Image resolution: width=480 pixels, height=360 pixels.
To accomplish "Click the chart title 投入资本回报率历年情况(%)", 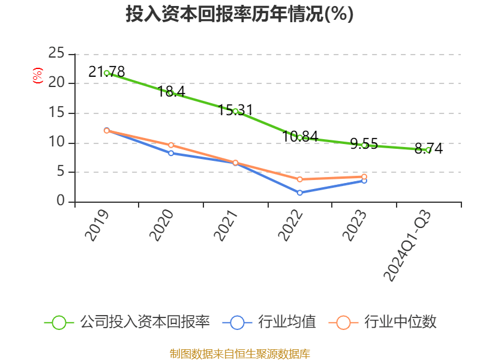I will click(x=239, y=14).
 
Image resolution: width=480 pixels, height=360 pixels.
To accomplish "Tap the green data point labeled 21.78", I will click(x=107, y=73).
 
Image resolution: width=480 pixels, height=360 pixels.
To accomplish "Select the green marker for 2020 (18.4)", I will click(x=171, y=93).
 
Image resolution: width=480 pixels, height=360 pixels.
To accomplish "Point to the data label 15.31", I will click(x=235, y=110).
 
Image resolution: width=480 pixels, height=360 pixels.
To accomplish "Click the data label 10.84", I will click(x=300, y=136).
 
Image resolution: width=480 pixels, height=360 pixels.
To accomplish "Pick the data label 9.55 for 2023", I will click(x=364, y=143).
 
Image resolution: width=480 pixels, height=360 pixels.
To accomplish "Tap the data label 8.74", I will click(x=428, y=148).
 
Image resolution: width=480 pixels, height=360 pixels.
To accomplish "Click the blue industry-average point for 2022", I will click(x=299, y=193).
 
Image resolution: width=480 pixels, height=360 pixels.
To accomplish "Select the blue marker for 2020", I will click(x=171, y=153).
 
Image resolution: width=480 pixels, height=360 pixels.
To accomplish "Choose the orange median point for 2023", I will click(x=364, y=176).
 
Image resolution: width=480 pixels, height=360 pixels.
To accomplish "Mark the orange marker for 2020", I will click(x=171, y=145).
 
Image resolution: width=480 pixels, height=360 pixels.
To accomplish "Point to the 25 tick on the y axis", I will click(x=56, y=53).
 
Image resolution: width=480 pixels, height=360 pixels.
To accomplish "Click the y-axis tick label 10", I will click(x=56, y=143).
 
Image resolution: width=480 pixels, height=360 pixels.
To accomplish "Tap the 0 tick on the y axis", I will click(x=61, y=202).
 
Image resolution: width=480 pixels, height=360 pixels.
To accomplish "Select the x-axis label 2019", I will click(x=97, y=225).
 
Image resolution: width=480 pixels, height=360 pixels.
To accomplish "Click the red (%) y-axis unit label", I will click(x=37, y=75).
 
